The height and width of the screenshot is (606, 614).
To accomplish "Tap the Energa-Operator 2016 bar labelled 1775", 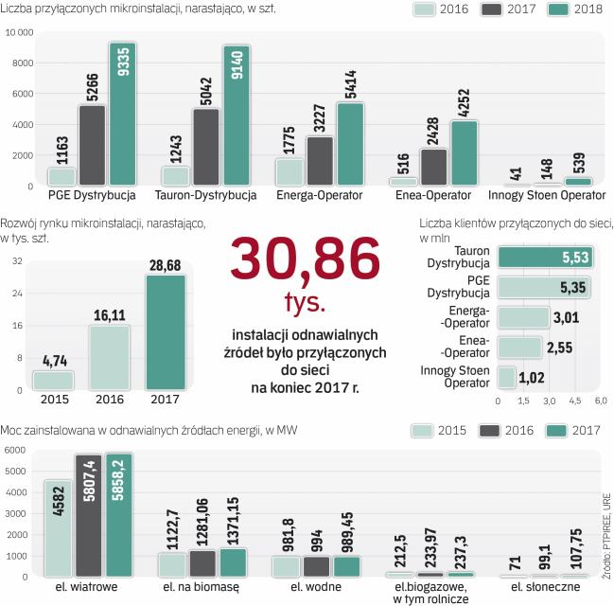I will (x=289, y=171).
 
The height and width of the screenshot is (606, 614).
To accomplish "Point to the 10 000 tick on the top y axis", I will (x=19, y=32).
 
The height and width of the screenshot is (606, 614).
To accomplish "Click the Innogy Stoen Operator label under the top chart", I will (x=546, y=196).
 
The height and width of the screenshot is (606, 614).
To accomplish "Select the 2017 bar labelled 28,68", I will (x=165, y=331).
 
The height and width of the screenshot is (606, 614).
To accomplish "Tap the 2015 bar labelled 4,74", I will (x=53, y=380).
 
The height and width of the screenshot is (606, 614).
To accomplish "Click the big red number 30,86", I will (x=305, y=261).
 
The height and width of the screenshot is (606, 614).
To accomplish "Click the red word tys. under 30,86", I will (x=305, y=303).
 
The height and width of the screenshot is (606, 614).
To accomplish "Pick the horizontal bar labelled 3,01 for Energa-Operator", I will (x=523, y=316).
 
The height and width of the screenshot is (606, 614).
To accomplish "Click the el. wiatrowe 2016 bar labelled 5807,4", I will (x=88, y=516).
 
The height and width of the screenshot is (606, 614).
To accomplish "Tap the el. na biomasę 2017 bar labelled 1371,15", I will (x=233, y=562).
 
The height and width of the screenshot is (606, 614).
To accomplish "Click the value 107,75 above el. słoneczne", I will (x=574, y=554).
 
